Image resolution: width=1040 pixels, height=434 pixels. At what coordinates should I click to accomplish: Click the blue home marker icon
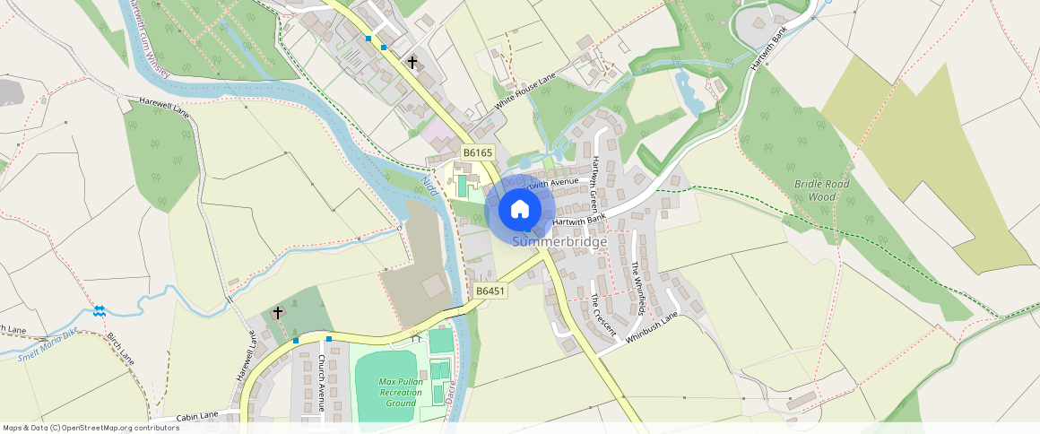tap(519, 210)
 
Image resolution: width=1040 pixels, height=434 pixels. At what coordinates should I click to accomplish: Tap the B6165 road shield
tap(478, 153)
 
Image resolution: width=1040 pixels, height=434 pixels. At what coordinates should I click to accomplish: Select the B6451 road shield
tap(490, 291)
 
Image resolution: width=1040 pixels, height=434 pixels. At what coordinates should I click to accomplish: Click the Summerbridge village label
tap(559, 242)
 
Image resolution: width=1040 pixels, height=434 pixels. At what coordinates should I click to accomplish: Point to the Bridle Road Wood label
tap(821, 190)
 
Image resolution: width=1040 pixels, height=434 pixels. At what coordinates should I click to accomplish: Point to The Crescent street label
tap(603, 315)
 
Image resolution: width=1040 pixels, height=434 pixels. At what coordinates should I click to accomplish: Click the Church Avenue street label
tap(322, 383)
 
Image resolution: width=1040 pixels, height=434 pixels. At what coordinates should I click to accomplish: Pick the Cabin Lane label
tap(197, 416)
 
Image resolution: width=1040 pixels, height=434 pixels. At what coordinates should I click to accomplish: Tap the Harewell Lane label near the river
tap(164, 107)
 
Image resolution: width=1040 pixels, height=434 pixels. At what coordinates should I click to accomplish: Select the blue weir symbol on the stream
tap(100, 311)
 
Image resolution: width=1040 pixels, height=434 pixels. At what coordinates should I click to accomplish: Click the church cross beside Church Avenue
tap(278, 313)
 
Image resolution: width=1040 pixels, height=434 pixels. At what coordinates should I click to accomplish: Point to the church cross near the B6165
tap(412, 63)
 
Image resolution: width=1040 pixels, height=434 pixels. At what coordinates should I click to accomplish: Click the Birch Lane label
tap(120, 348)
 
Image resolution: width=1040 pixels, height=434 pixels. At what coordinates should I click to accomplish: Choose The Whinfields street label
tap(637, 287)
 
